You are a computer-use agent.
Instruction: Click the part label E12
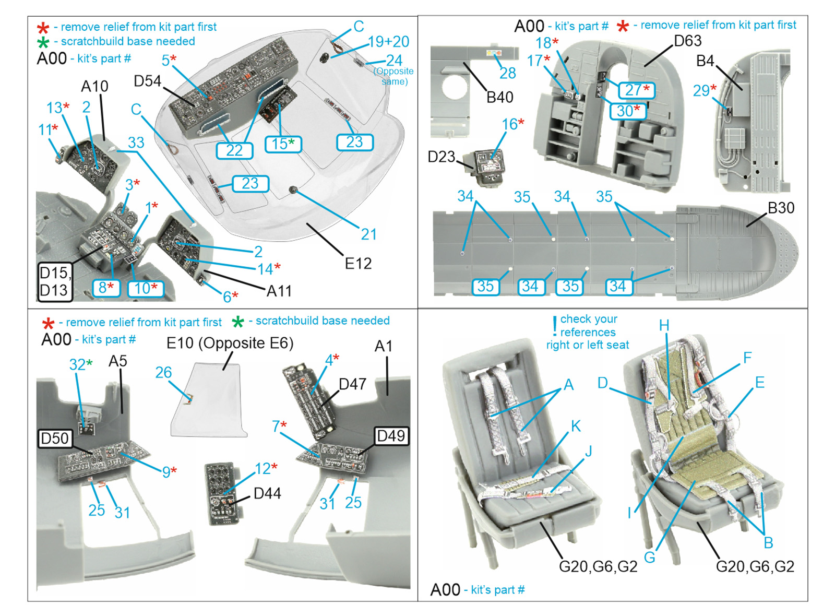[x=358, y=264]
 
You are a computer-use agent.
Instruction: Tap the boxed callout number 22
[x=234, y=150]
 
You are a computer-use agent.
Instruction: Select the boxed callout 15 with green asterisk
[x=283, y=144]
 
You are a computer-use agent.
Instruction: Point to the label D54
[x=147, y=81]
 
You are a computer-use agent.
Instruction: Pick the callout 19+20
[x=388, y=42]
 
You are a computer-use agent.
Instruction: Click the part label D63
[x=687, y=41]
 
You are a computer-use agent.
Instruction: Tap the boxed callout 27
[x=636, y=90]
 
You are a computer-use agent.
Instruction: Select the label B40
[x=499, y=97]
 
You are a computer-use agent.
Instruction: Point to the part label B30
[x=781, y=208]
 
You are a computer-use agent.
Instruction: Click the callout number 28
[x=507, y=73]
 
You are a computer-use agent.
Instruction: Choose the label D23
[x=442, y=157]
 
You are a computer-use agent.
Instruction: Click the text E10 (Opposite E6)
[x=230, y=343]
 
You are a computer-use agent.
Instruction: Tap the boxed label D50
[x=55, y=438]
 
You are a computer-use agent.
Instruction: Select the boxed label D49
[x=391, y=436]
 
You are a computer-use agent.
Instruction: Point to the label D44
[x=267, y=493]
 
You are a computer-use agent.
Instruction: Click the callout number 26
[x=163, y=372]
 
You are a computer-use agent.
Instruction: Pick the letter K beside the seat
[x=576, y=426]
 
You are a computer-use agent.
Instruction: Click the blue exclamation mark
[x=554, y=326]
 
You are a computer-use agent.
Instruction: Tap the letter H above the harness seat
[x=664, y=326]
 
